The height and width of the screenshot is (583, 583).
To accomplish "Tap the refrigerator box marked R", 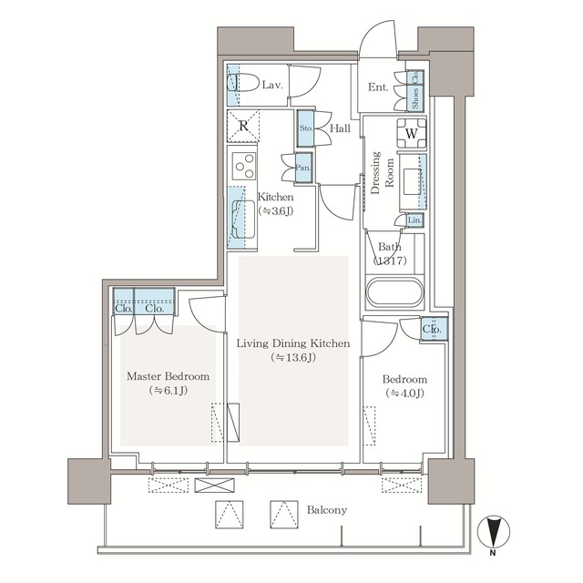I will [x=243, y=127].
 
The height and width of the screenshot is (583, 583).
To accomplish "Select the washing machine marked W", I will [x=412, y=133].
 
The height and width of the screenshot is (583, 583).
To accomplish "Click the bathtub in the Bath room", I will [x=394, y=293].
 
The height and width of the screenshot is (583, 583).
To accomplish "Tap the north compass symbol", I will [x=492, y=533].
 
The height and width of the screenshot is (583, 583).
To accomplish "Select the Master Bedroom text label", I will [x=169, y=376].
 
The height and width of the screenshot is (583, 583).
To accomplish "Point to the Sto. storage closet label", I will [x=306, y=128].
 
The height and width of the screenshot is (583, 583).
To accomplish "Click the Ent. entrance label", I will [x=379, y=87].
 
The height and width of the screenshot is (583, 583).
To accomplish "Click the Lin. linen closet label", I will [x=414, y=220].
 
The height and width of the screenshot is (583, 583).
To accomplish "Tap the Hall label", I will [x=340, y=129].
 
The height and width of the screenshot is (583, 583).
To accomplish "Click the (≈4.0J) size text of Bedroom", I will [x=404, y=394].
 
